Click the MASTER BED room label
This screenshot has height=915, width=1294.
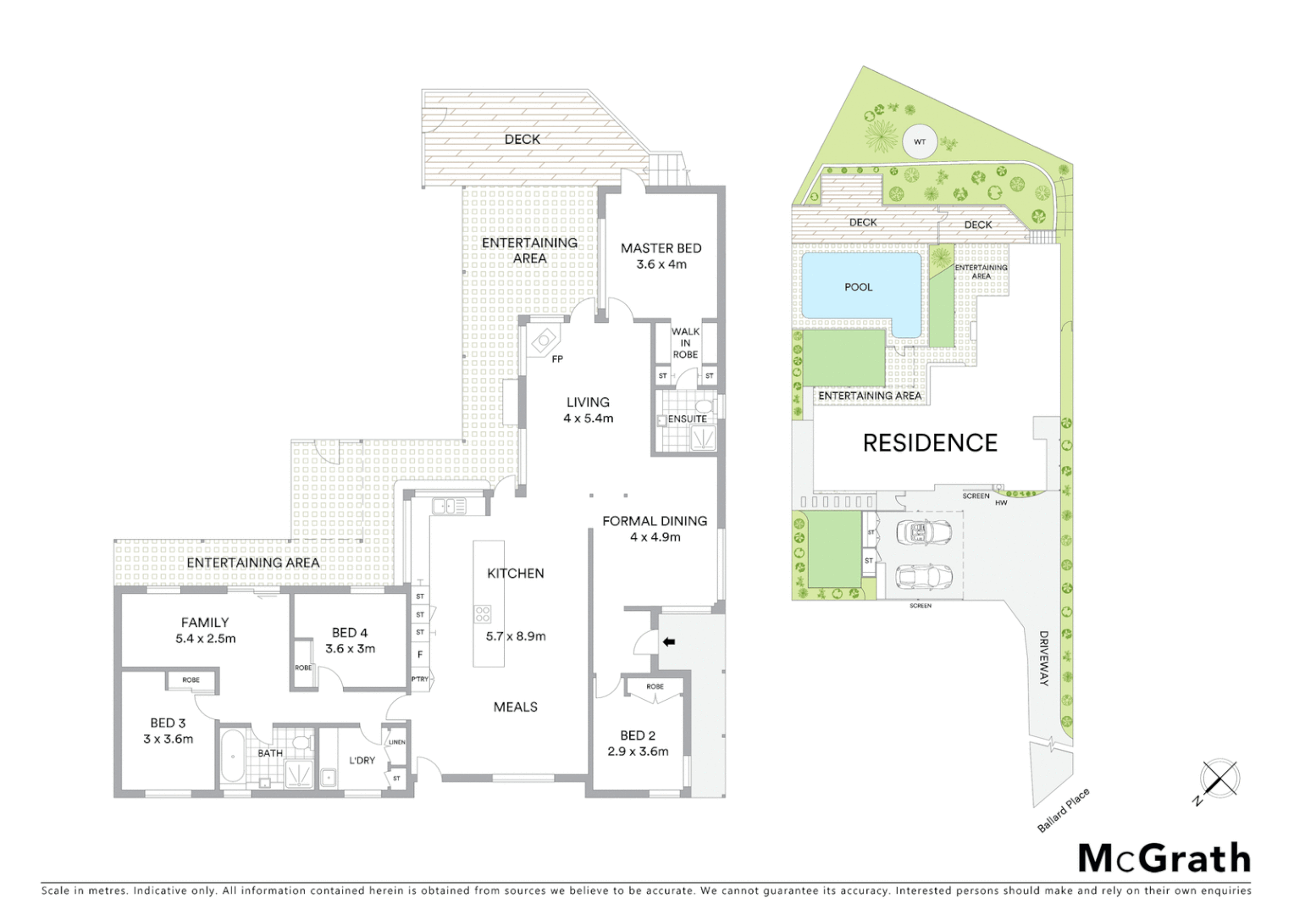[661, 248]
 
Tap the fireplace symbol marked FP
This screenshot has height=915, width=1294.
[542, 341]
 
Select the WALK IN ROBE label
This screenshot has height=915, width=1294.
[685, 343]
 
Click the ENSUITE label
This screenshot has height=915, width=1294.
[687, 419]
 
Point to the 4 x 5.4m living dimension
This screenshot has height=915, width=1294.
[588, 419]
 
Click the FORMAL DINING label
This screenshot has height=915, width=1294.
[655, 521]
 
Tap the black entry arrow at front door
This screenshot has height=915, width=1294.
[668, 642]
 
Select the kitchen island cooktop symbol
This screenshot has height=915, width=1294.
[483, 613]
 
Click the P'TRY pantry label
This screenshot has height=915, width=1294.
[419, 679]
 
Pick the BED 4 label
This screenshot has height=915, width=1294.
[350, 633]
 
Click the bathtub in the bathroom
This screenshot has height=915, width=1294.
[230, 757]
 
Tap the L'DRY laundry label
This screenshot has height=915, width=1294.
[362, 760]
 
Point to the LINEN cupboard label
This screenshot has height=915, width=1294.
[396, 742]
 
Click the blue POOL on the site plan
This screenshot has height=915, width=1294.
[858, 287]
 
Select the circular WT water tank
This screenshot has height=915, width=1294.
[920, 142]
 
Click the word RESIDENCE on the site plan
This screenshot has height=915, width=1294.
[930, 443]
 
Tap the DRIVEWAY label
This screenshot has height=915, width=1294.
[1044, 658]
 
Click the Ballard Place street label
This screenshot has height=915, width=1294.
[1064, 811]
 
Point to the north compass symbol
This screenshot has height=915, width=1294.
[1218, 780]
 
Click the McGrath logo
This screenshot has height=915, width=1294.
[1164, 858]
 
